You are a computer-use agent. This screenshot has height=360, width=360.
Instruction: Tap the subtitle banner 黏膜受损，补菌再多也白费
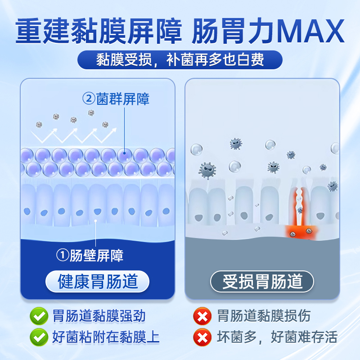180,60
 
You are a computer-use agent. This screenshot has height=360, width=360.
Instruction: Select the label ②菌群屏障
116,99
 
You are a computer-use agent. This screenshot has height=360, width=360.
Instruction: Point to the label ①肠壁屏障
90,255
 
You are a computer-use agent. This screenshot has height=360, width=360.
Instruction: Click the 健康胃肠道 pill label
98,282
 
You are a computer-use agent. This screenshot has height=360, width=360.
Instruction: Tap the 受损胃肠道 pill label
262,282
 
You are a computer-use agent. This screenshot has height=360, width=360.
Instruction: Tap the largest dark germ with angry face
208,171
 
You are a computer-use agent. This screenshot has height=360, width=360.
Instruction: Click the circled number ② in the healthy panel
87,99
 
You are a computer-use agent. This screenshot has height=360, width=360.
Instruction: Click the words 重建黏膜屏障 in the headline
99,31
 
